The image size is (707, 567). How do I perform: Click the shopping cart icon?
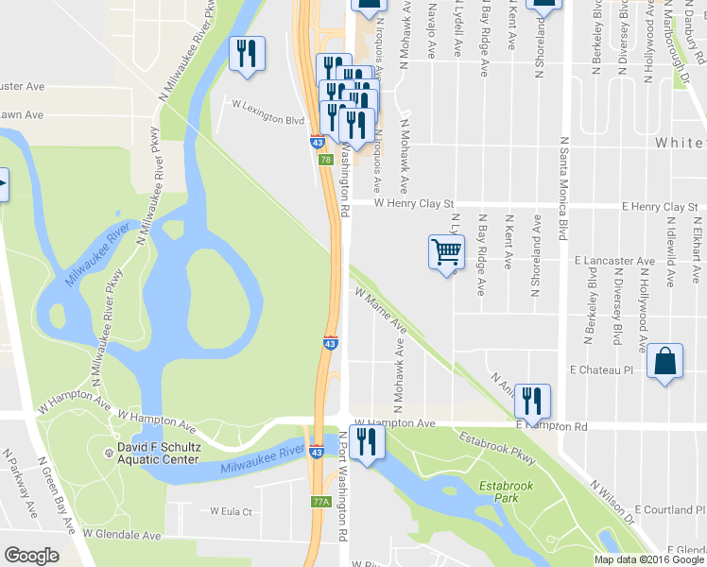[x=447, y=252]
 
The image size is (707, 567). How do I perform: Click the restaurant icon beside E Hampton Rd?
[x=532, y=401]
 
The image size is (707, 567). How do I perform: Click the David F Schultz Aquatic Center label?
[x=158, y=453]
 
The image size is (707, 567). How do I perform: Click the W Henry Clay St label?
[x=415, y=202]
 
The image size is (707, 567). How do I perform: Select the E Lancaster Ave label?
[x=614, y=261]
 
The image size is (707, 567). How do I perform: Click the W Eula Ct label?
[x=232, y=512]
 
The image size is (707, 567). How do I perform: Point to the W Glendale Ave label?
[x=122, y=534]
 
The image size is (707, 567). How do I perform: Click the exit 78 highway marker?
[x=326, y=161]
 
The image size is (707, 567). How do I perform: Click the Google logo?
[x=32, y=556]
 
